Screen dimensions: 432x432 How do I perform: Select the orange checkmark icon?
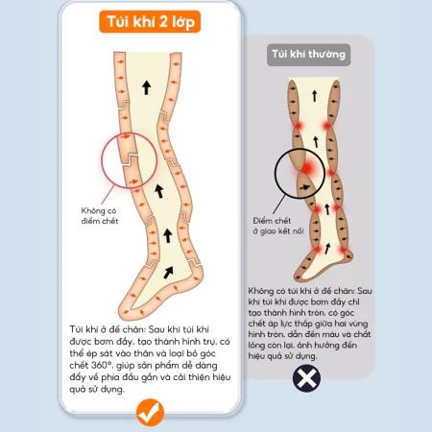149,412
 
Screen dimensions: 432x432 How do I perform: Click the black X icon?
304,377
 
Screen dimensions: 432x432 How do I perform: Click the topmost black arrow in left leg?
146,87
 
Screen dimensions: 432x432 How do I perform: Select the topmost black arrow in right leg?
313,93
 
